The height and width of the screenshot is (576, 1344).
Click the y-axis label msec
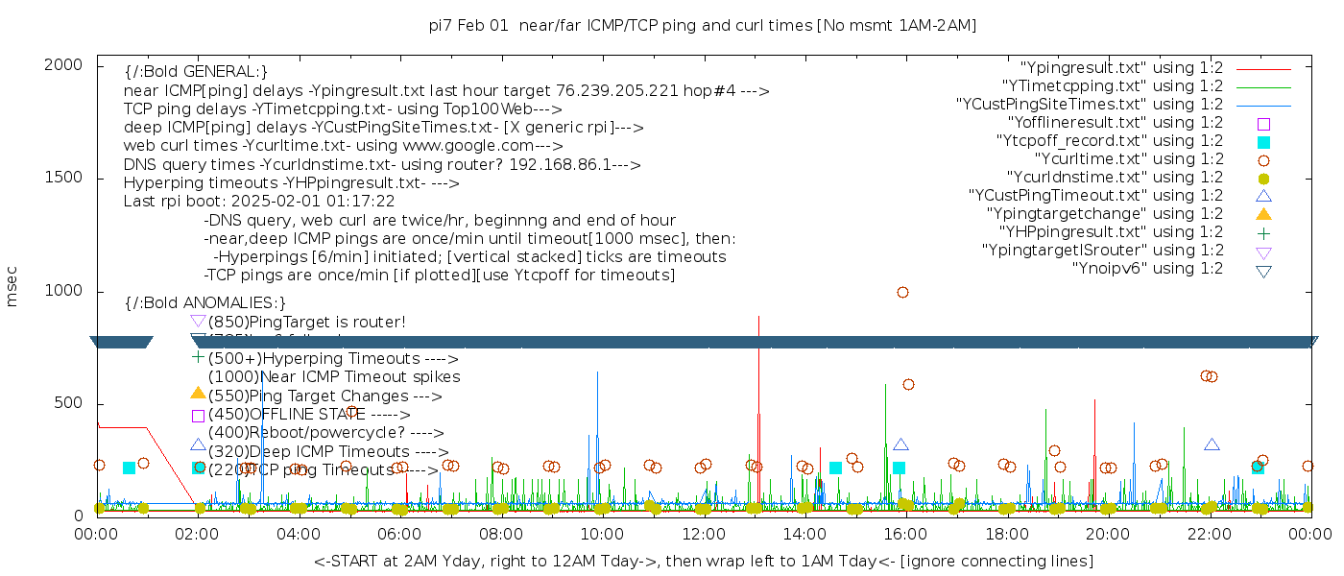pos(12,288)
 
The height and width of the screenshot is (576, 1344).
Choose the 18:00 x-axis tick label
pos(1007,534)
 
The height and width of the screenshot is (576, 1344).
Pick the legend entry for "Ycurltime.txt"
pos(1129,159)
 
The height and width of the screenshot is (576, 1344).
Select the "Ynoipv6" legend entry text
pos(1147,269)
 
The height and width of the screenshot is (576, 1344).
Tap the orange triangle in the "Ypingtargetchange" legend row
pos(1263,214)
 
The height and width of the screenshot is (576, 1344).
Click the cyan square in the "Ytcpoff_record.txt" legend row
pos(1263,142)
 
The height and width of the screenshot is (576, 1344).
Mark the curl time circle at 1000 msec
pos(902,292)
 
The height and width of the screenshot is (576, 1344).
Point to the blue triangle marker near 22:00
pos(1212,444)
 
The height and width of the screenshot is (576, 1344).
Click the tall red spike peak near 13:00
pos(758,317)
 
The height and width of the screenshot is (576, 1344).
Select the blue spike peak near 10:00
pos(598,372)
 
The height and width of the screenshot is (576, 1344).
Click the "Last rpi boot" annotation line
pos(259,202)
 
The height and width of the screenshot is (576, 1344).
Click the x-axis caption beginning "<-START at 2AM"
pos(703,561)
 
